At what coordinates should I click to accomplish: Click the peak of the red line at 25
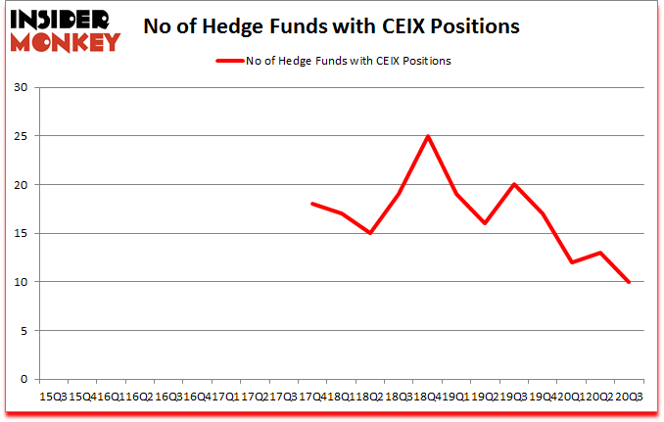(x=428, y=136)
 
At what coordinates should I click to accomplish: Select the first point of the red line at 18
(x=311, y=204)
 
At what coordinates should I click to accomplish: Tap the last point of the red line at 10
(x=630, y=282)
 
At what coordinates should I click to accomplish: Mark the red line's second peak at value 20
(x=514, y=184)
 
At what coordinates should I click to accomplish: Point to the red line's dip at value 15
(x=370, y=233)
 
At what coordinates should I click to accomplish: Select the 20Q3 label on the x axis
(x=630, y=397)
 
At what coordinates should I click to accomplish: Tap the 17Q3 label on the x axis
(x=283, y=397)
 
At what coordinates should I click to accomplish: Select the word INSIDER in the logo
(x=66, y=19)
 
